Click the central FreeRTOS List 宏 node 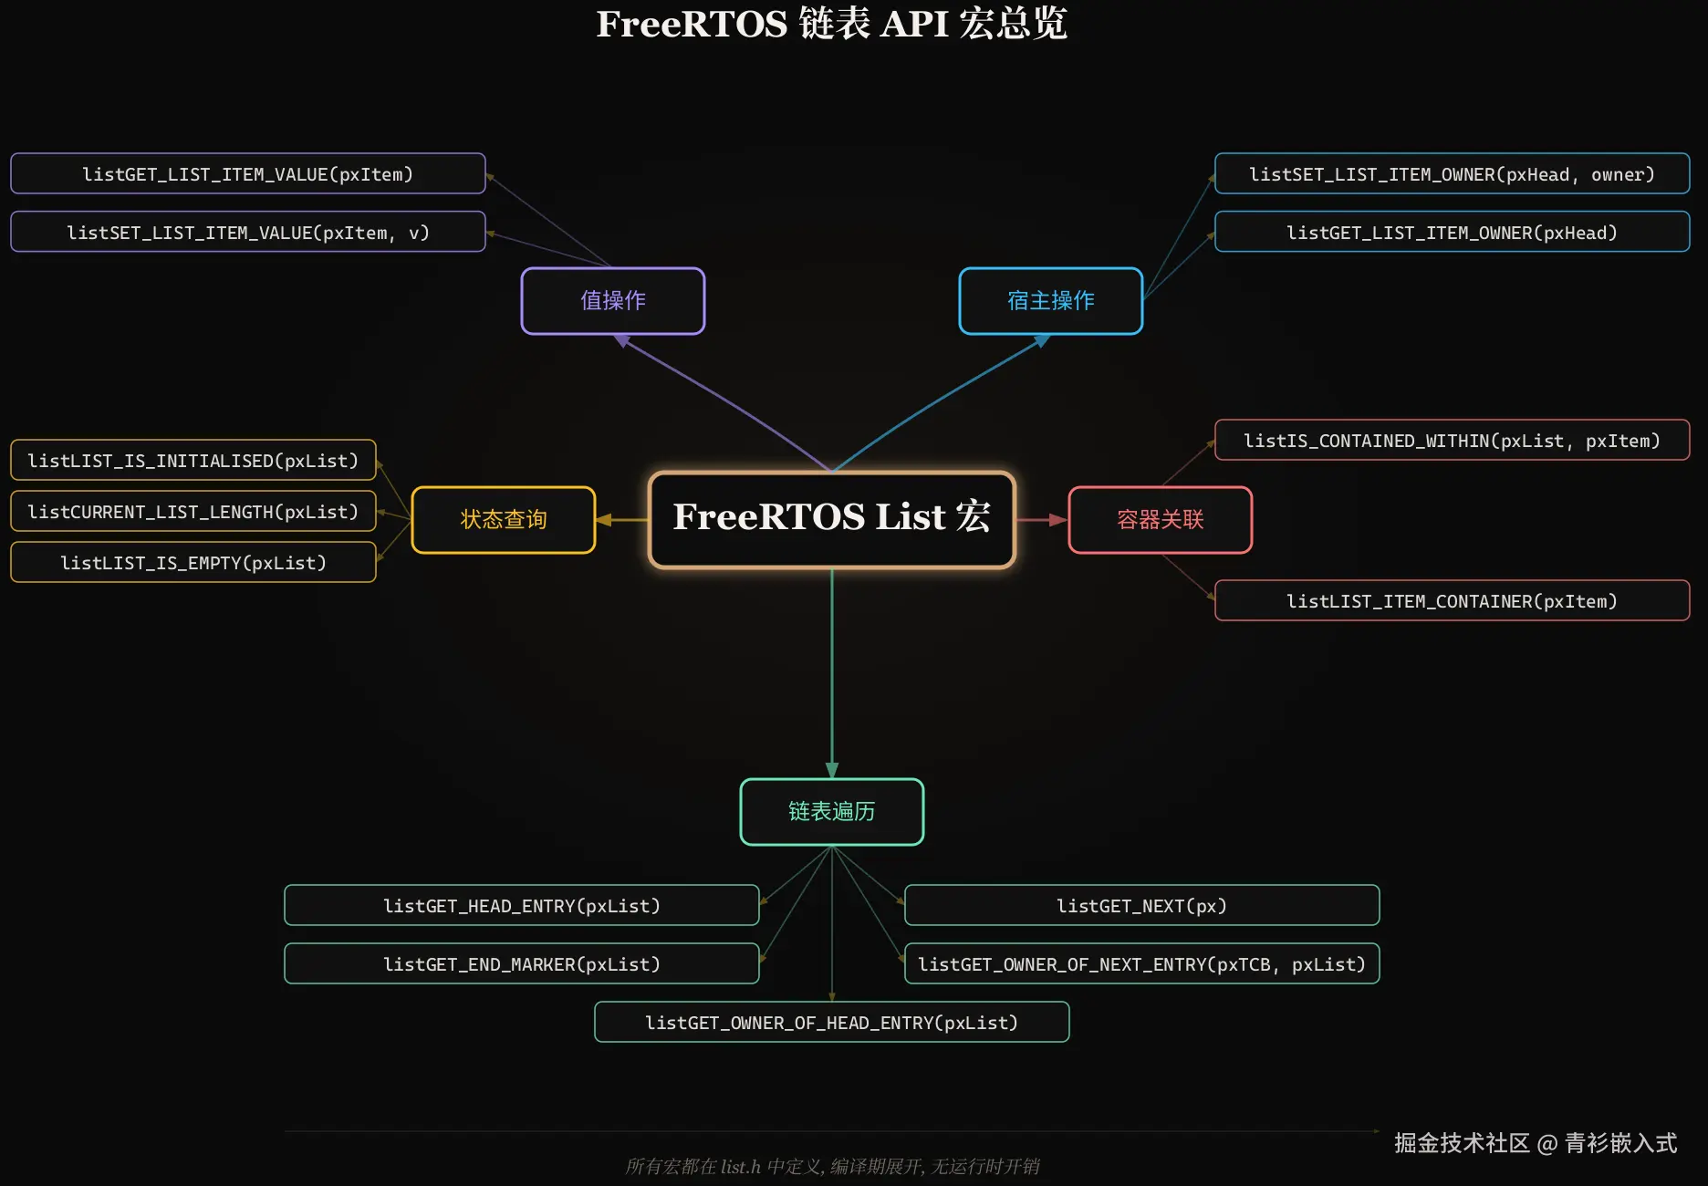(x=831, y=519)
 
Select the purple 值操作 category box (x=613, y=301)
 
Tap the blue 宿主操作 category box (x=1051, y=301)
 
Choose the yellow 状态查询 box (x=504, y=520)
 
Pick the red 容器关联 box (x=1161, y=520)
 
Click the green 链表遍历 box (x=832, y=812)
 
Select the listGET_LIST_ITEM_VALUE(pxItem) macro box (x=248, y=173)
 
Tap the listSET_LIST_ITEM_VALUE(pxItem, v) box (x=248, y=232)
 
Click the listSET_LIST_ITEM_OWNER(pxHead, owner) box (x=1453, y=173)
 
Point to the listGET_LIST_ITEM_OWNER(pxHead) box (x=1453, y=232)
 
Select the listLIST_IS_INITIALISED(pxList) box (x=193, y=460)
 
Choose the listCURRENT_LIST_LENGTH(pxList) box (x=193, y=511)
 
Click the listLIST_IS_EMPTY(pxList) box (x=193, y=562)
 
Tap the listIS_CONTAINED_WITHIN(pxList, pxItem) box (x=1453, y=440)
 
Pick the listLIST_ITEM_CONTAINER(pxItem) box (x=1453, y=600)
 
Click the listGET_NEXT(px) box (x=1142, y=905)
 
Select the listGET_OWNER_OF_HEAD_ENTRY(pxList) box (x=832, y=1022)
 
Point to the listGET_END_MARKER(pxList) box (x=522, y=963)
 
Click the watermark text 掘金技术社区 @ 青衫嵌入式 (x=1536, y=1143)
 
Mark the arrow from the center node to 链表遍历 (x=832, y=673)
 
